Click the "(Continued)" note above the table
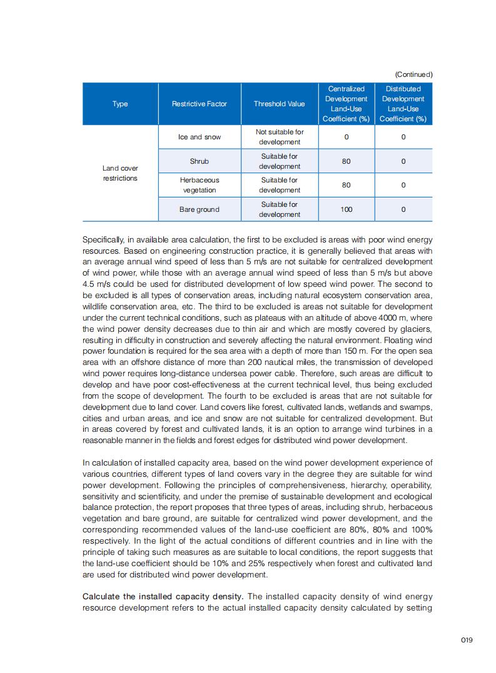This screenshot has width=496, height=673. click(x=413, y=74)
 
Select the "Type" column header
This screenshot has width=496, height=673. click(x=120, y=104)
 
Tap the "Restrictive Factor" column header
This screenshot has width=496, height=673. click(x=200, y=104)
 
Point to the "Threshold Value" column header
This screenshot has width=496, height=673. click(x=279, y=104)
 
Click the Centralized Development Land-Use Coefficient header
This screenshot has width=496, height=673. click(x=346, y=104)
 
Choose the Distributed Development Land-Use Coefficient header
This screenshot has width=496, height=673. click(x=403, y=104)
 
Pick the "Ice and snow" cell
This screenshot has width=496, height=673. click(x=200, y=137)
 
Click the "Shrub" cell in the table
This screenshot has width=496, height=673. click(x=200, y=161)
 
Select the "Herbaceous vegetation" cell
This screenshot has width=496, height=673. click(x=200, y=185)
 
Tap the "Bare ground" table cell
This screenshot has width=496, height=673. click(x=200, y=209)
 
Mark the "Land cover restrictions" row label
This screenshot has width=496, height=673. click(x=120, y=173)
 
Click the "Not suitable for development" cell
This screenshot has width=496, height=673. click(x=280, y=137)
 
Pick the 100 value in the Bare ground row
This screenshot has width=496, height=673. click(x=346, y=209)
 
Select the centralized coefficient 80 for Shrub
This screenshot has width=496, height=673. click(x=346, y=161)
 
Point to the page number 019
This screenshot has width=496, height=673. click(x=466, y=639)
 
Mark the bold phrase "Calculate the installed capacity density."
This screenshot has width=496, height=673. click(x=163, y=596)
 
